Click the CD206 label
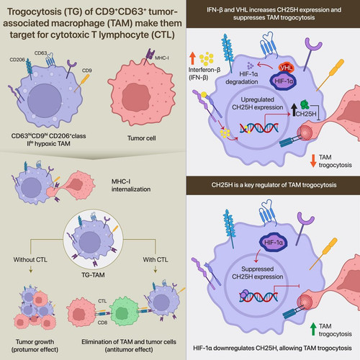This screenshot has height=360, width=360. pos(17,60)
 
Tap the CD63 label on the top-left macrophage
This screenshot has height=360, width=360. pos(40,53)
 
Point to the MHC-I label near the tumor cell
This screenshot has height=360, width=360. pos(162,58)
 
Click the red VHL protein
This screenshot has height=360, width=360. pos(286,68)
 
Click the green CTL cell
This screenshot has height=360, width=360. pos(124,311)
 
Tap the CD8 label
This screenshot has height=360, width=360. pos(102,323)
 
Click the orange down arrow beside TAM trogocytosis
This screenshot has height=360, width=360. pos(313,161)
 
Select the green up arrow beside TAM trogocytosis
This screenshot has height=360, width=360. pos(313,329)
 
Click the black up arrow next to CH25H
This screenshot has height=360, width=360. pos(294,110)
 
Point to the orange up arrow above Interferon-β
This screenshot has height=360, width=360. pos(192,58)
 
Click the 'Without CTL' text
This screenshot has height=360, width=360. pos(30,260)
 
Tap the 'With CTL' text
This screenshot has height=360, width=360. pos(156,260)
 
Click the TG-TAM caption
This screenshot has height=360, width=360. pos(93,275)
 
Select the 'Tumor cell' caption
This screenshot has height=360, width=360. pos(141,138)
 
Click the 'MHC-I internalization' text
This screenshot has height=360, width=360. pos(131,185)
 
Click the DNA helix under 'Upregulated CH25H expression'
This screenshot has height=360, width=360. pos(259,127)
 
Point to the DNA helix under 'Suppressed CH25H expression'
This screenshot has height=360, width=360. pos(258,297)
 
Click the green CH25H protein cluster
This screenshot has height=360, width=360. pos(305,104)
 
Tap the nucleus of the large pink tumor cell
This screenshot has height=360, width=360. pos(136,97)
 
